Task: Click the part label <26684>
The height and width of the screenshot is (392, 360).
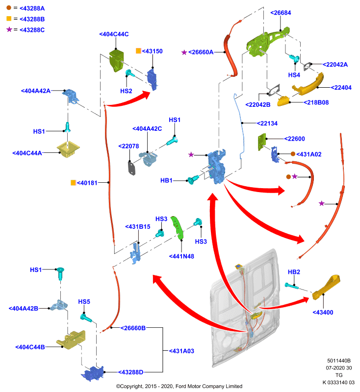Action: click(281, 13)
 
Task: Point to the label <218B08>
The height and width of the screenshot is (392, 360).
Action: click(316, 102)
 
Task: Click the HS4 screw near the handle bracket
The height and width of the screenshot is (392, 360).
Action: click(294, 58)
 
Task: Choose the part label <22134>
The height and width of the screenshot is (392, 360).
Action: click(267, 123)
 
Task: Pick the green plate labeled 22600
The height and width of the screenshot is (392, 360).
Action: click(262, 142)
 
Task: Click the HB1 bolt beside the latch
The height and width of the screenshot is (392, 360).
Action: click(193, 179)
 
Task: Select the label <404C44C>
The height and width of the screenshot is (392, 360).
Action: click(114, 34)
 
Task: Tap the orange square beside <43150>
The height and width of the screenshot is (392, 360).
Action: click(138, 51)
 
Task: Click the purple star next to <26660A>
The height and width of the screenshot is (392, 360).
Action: click(184, 52)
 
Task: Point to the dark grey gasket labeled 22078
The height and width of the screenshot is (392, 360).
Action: click(132, 168)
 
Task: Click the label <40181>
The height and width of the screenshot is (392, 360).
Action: click(87, 183)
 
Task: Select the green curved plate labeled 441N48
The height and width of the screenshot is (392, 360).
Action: click(178, 228)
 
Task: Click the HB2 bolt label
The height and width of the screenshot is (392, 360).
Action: click(294, 272)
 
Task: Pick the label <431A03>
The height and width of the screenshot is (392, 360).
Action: click(181, 351)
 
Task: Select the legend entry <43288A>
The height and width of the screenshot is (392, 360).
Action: click(32, 8)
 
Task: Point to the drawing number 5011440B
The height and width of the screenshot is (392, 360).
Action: click(339, 361)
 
